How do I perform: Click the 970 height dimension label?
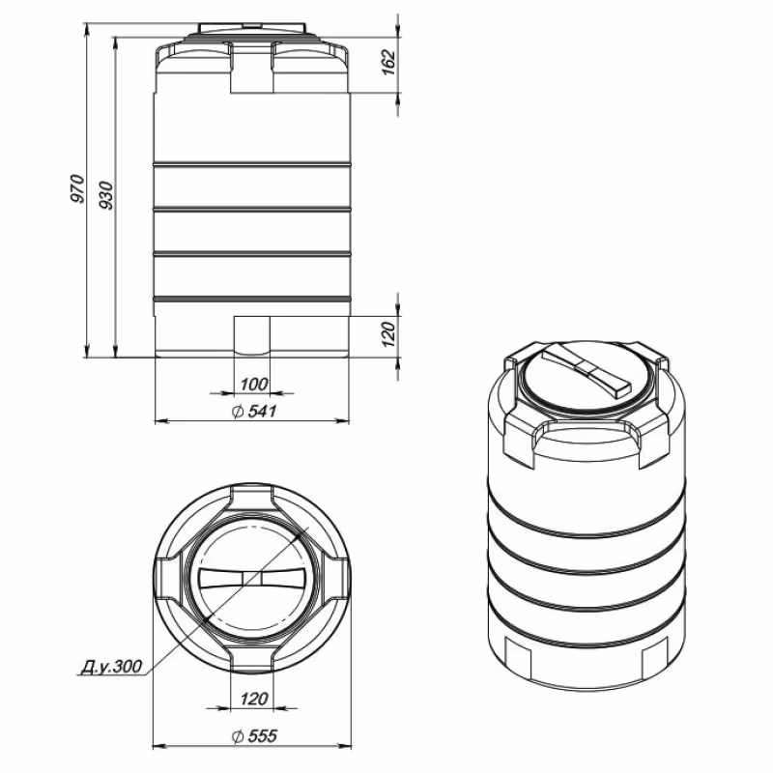(x=78, y=191)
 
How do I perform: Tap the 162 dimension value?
(x=388, y=61)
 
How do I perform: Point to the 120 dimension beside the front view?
(x=388, y=335)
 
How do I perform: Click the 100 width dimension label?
(x=252, y=384)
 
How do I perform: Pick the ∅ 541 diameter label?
(x=254, y=412)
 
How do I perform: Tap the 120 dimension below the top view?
(x=252, y=699)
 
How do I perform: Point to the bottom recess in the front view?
(x=252, y=335)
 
